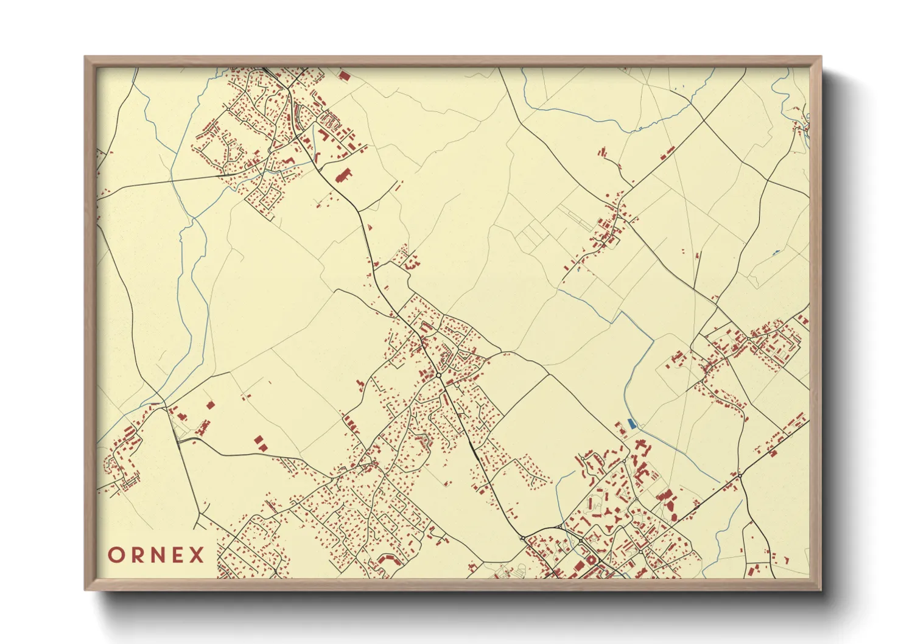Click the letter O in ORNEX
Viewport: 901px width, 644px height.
(x=116, y=555)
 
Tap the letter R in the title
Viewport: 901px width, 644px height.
(x=138, y=555)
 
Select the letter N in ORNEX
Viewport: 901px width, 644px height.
(x=158, y=555)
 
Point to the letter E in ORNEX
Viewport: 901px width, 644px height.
(x=178, y=555)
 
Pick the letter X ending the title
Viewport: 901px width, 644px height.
(x=197, y=555)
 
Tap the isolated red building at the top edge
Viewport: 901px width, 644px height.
(x=343, y=76)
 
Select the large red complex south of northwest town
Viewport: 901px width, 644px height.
(x=343, y=176)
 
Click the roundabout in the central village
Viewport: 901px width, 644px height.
(x=439, y=376)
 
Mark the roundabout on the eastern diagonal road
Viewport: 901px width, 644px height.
(x=740, y=474)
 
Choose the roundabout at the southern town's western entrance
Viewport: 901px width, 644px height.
(x=523, y=538)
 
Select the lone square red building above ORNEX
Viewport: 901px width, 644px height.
(x=211, y=405)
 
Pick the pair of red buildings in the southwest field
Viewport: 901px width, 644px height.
(x=259, y=443)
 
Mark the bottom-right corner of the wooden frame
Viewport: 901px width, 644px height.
(x=821, y=590)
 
